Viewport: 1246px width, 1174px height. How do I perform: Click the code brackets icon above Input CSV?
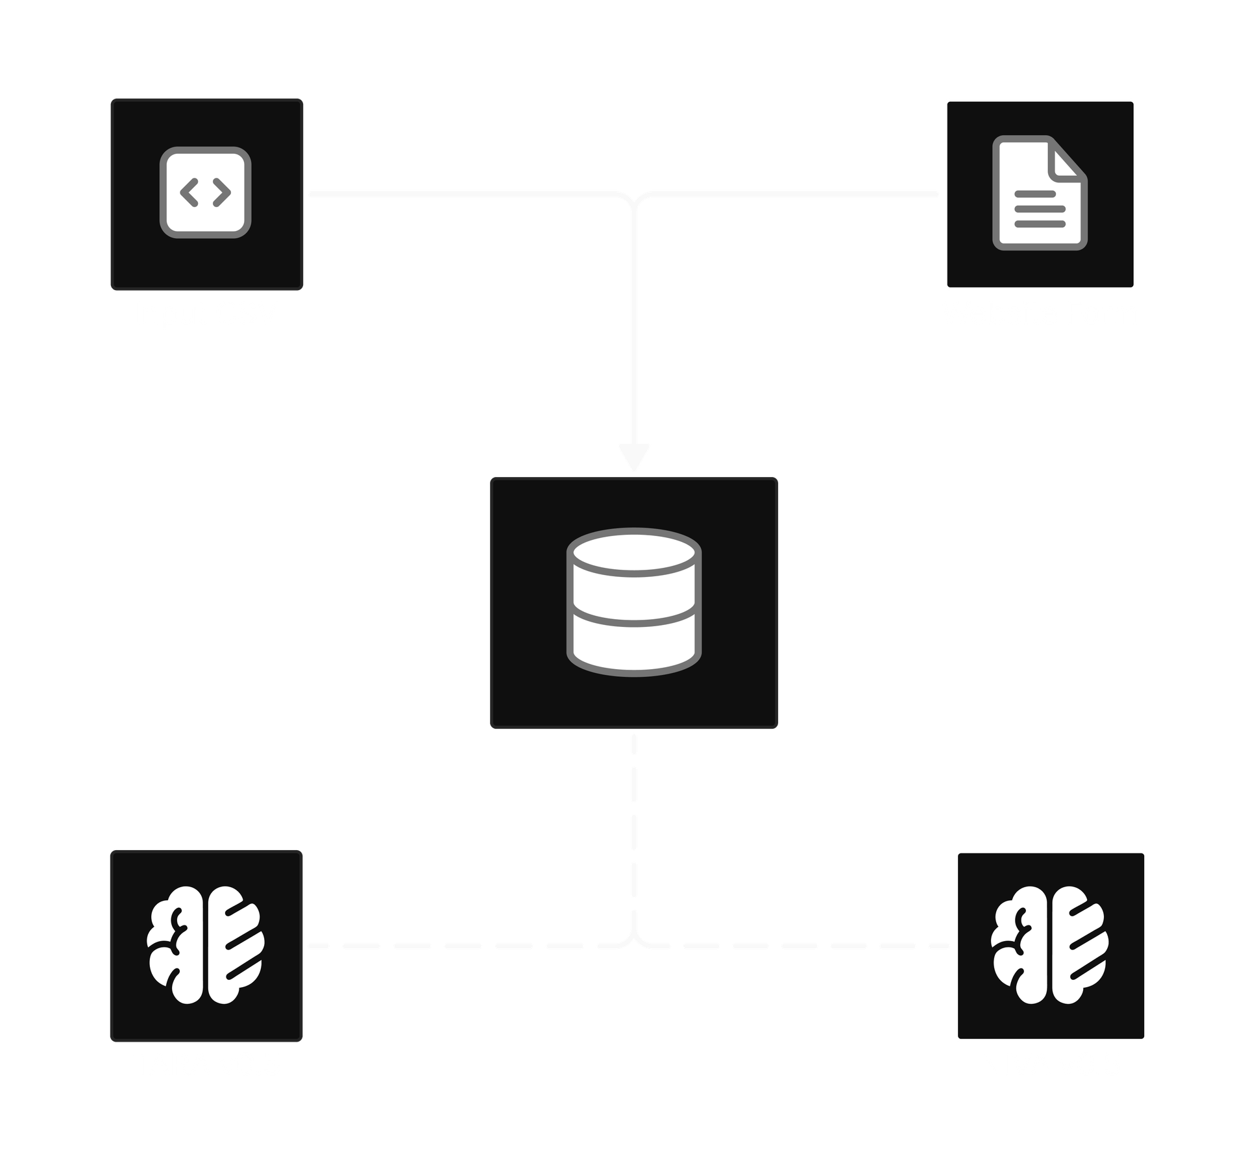coord(206,193)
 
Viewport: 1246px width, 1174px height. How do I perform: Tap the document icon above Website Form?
coord(1039,193)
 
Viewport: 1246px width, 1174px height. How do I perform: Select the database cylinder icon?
coord(634,603)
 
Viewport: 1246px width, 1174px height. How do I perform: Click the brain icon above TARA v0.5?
coord(206,946)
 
